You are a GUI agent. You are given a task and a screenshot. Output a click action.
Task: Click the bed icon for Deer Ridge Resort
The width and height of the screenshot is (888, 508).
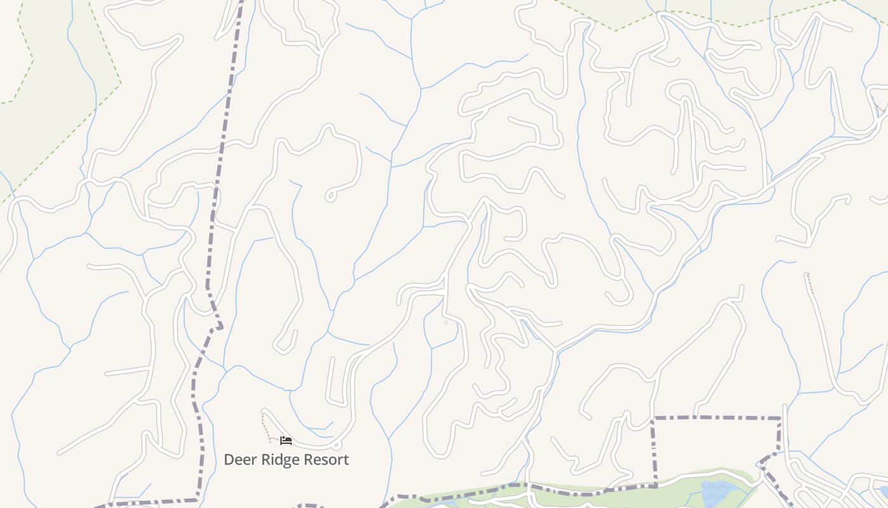click(x=286, y=441)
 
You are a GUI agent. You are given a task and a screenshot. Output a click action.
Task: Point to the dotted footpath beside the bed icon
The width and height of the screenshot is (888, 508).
click(x=266, y=427)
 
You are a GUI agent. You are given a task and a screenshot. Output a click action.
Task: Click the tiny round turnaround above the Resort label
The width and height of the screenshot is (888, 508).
click(x=337, y=444)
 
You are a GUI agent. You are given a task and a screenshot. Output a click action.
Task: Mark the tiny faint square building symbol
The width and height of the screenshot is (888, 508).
click(x=446, y=323)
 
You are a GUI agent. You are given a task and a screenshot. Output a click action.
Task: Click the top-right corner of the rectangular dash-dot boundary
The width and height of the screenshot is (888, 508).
click(x=780, y=418)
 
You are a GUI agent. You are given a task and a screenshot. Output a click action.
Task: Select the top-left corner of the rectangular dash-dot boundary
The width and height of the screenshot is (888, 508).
click(x=653, y=418)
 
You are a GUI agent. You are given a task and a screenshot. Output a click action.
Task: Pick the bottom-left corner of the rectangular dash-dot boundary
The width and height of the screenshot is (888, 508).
click(x=655, y=485)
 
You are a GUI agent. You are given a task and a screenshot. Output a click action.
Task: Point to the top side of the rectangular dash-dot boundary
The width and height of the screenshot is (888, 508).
click(x=717, y=417)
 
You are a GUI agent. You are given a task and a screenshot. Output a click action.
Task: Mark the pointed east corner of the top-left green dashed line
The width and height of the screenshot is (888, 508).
click(x=121, y=83)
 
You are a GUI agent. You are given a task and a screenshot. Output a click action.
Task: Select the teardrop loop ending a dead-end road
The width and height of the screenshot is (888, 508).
click(x=330, y=196)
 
